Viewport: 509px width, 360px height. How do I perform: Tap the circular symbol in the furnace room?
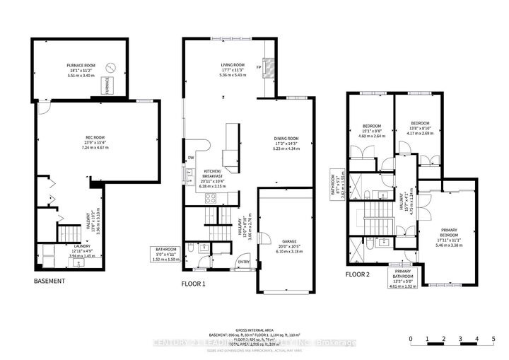tap(110, 68)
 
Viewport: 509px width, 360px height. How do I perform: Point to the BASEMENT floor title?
tap(49, 281)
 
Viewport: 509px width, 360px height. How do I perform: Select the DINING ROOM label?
tap(287, 138)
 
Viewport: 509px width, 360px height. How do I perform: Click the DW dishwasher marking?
tap(191, 158)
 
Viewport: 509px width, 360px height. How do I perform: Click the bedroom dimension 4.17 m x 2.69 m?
tap(413, 132)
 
